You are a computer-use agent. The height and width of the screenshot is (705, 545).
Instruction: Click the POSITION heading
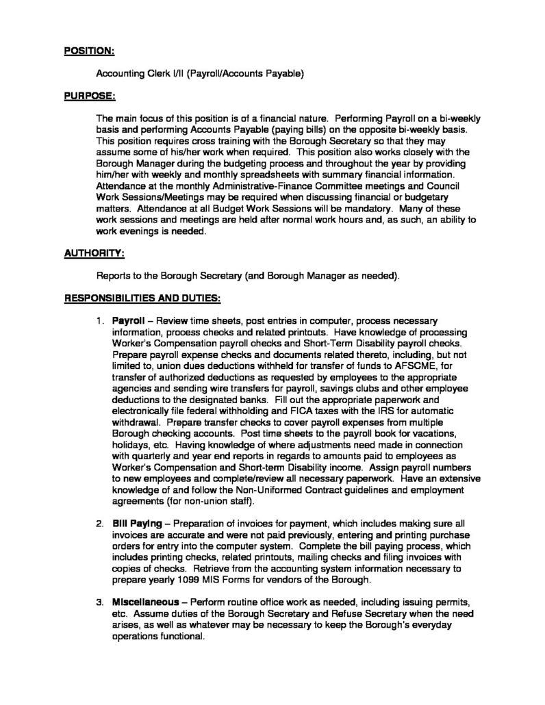pyautogui.click(x=89, y=51)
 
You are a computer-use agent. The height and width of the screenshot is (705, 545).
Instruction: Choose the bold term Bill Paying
pyautogui.click(x=136, y=523)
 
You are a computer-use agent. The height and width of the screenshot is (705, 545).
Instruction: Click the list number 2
pyautogui.click(x=99, y=523)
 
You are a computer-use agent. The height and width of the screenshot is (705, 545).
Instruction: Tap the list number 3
pyautogui.click(x=99, y=603)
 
